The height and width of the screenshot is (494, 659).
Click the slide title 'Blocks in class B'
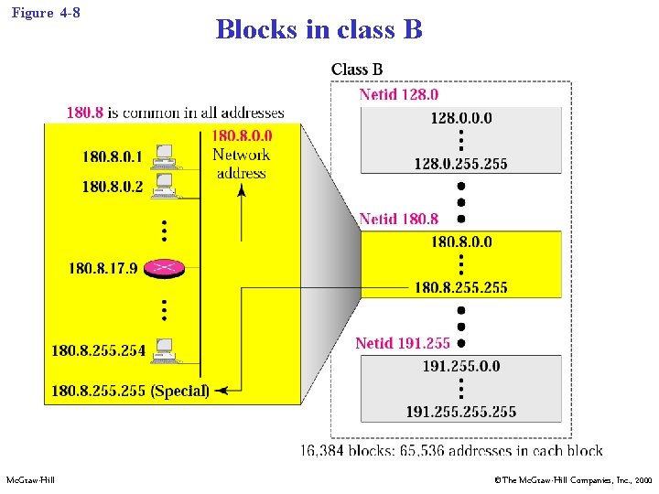[x=319, y=29]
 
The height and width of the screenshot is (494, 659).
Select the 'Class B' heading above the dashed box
[x=357, y=70]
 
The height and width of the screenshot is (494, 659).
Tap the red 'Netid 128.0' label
[x=398, y=94]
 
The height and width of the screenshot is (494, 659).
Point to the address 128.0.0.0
[x=460, y=118]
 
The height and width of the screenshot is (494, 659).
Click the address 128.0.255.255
[x=460, y=164]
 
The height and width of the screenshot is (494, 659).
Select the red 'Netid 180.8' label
[x=398, y=219]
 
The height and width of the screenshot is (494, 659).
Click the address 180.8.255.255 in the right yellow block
[x=460, y=287]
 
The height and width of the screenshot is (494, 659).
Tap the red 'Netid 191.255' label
[x=403, y=343]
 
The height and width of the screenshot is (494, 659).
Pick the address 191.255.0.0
[x=460, y=366]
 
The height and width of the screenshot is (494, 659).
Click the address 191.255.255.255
[x=460, y=412]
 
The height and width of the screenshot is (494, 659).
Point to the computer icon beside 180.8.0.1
[x=165, y=156]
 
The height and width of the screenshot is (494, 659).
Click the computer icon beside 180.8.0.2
[x=165, y=186]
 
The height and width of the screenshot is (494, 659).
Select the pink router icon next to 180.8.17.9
[x=166, y=267]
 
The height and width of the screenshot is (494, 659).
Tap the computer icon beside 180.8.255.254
[x=165, y=349]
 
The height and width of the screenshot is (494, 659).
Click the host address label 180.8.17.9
[x=103, y=268]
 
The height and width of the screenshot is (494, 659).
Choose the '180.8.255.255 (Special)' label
[x=130, y=391]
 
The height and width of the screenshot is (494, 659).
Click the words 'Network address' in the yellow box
[x=242, y=164]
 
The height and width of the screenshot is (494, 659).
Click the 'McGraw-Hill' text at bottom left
[x=30, y=480]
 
